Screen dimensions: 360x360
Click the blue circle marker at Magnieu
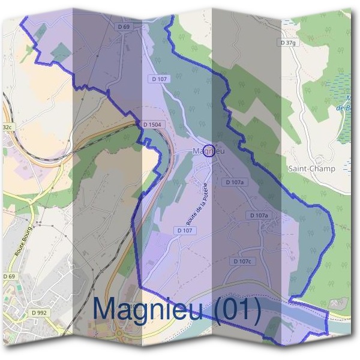tap(208, 150)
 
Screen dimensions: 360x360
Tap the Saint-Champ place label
tap(311, 169)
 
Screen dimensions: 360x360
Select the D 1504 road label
tap(152, 124)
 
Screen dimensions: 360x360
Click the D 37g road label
tap(288, 43)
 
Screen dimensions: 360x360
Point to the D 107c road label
tap(242, 261)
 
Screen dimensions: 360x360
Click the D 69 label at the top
tap(124, 26)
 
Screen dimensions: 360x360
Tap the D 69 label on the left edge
tap(8, 275)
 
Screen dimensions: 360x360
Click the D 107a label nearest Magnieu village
tap(235, 182)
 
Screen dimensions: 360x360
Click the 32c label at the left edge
tap(7, 127)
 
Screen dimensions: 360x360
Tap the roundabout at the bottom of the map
tap(119, 332)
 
